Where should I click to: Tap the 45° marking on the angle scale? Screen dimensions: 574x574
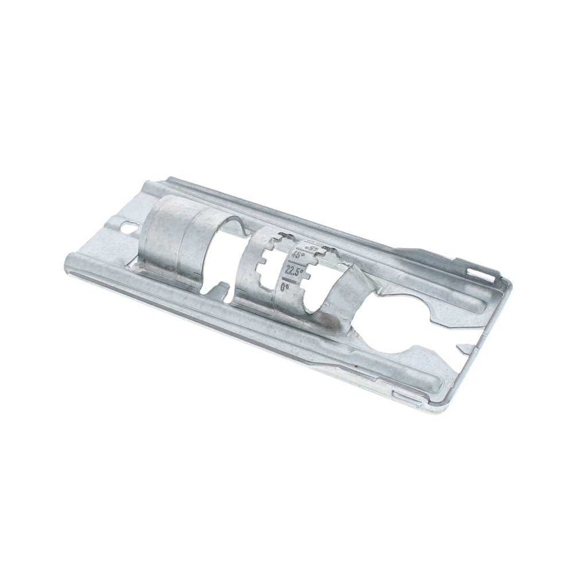click(x=298, y=256)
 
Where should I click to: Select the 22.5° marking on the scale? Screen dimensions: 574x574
click(x=294, y=270)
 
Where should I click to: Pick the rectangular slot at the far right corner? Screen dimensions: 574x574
click(x=481, y=274)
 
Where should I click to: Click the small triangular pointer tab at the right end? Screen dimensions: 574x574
click(x=465, y=348)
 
